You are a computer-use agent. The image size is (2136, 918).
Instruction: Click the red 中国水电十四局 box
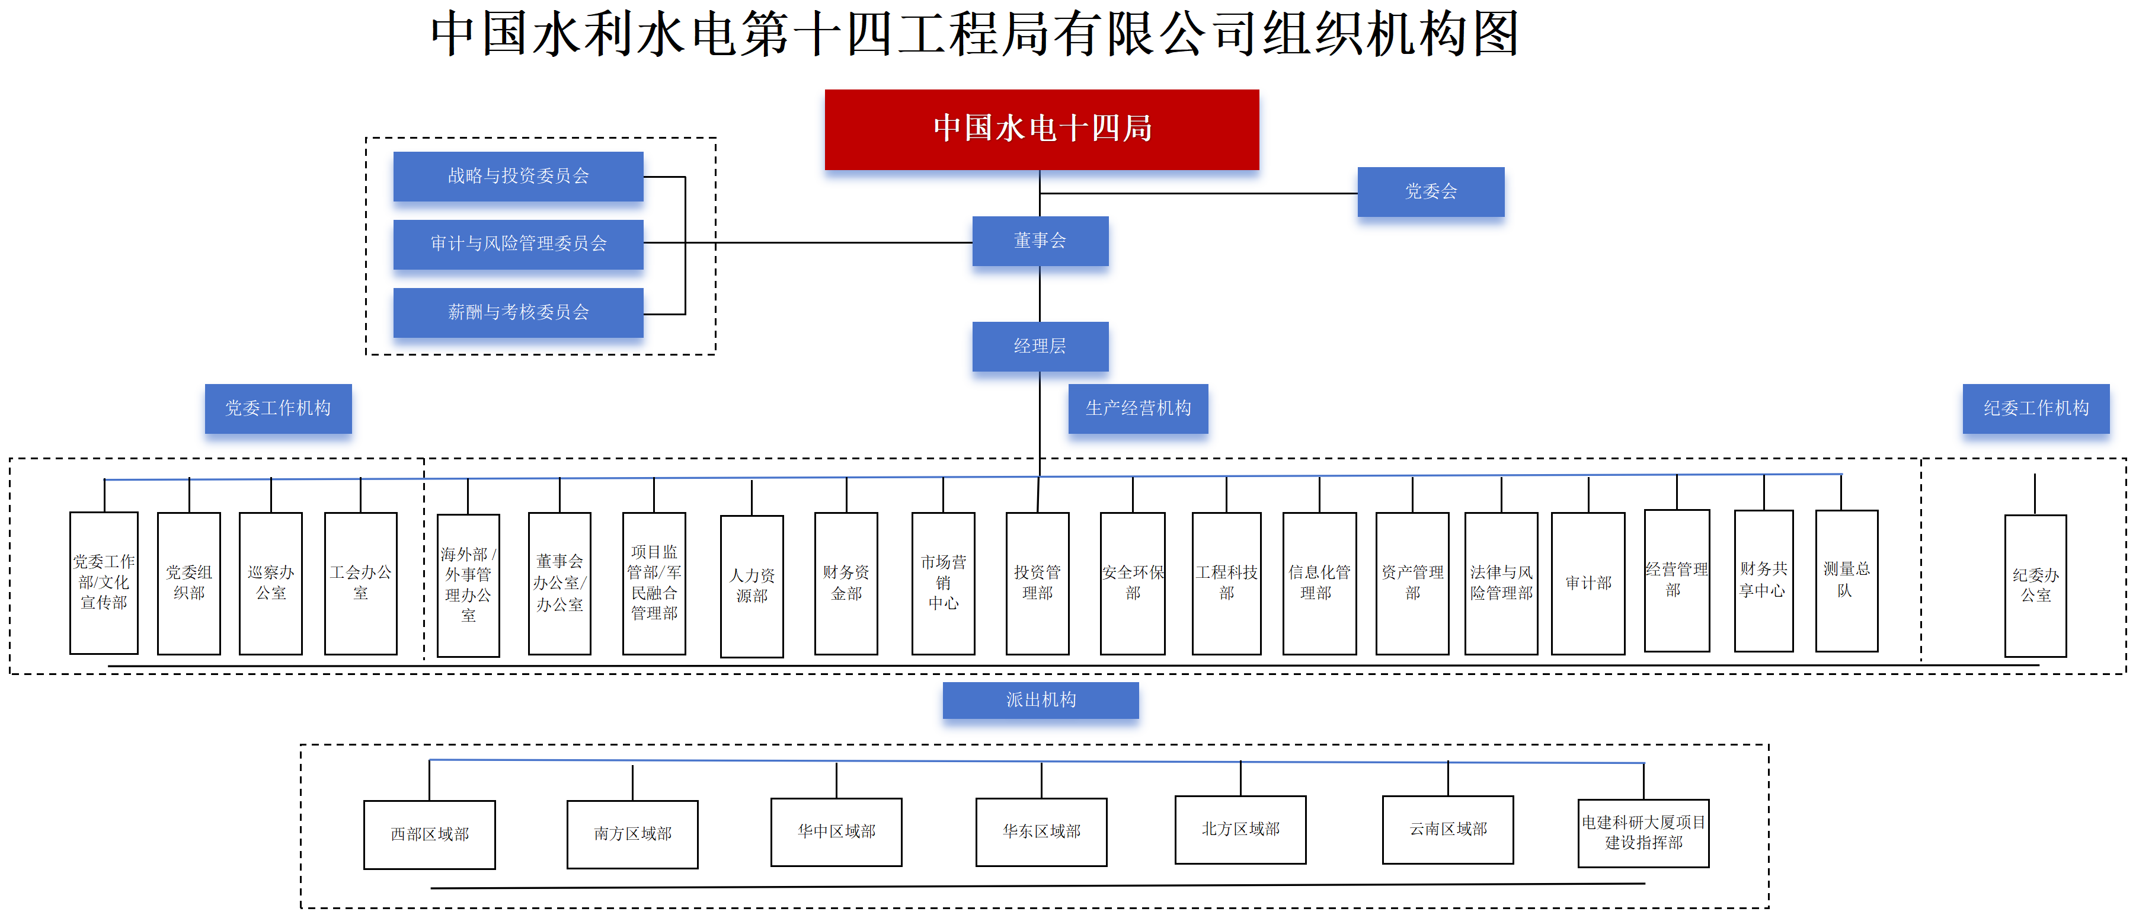1041,129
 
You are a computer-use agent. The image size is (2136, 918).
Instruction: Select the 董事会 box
1040,241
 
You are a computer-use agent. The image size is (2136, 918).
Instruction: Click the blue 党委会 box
1430,191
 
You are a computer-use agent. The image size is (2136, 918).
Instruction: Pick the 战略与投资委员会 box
518,176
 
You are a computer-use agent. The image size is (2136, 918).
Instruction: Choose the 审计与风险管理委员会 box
518,244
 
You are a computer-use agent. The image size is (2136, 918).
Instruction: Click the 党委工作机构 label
278,408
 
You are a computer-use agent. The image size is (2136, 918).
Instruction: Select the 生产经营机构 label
1138,408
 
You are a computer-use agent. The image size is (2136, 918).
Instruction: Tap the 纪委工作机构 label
2036,408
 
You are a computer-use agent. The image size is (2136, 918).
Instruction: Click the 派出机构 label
1041,700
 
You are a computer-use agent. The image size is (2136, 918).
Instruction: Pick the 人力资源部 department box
752,586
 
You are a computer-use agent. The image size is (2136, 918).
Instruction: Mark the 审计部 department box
1588,583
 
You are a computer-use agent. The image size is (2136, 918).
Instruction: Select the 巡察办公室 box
270,583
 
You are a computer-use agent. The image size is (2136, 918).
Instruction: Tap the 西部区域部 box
430,834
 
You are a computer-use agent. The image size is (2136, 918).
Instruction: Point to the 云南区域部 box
1448,829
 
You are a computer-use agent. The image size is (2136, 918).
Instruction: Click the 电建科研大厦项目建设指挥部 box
1643,833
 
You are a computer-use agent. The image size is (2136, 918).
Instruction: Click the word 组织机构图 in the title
1392,35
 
